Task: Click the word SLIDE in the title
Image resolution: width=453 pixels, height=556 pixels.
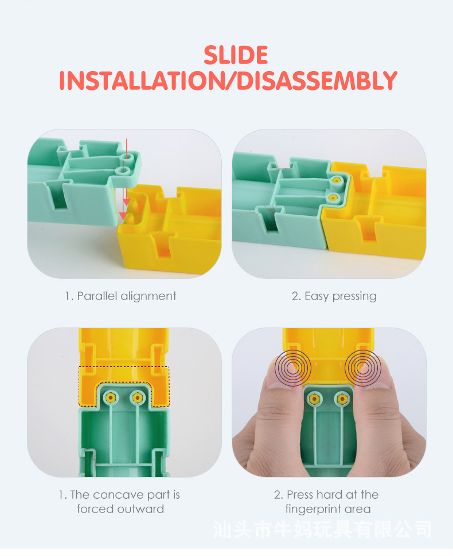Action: (236, 55)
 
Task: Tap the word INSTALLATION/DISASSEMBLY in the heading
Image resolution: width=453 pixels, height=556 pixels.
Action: (228, 80)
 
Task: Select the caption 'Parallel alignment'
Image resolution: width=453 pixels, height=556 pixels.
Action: (126, 296)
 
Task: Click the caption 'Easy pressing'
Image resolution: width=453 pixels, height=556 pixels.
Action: (341, 297)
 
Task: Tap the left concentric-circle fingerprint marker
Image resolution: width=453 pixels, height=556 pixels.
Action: (292, 368)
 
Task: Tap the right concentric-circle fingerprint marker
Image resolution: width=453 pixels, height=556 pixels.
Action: (362, 368)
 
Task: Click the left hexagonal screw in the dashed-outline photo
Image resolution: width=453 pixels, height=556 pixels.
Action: (111, 398)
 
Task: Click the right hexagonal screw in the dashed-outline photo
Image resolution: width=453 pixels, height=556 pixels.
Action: (137, 398)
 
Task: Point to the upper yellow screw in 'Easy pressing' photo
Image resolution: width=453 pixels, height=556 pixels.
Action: (335, 181)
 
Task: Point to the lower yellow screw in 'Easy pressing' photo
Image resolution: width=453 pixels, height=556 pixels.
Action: (333, 197)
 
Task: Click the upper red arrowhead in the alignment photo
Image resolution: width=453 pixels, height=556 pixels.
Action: (126, 202)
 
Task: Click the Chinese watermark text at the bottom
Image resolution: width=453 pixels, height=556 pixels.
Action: (322, 530)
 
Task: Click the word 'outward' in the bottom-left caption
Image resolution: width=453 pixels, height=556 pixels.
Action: (141, 509)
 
